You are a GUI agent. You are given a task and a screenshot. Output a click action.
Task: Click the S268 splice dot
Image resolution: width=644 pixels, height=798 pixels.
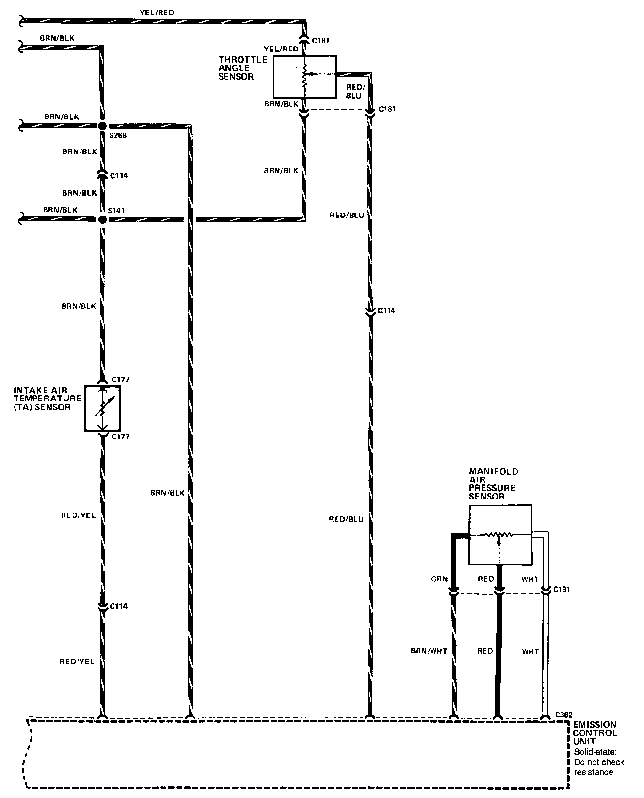(102, 126)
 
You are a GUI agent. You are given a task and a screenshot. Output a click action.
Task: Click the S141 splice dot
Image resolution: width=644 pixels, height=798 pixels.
(102, 219)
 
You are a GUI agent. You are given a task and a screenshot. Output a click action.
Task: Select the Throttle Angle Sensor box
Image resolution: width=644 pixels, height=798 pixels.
(304, 77)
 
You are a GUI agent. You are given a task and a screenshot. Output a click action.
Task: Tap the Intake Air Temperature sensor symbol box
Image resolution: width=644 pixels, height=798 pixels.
(102, 408)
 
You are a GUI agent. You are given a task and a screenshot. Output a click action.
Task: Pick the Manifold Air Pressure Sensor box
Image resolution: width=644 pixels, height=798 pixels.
(500, 535)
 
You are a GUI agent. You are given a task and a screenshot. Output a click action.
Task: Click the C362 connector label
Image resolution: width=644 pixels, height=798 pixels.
(564, 715)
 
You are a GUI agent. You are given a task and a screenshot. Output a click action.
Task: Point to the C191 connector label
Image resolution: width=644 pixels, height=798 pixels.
(561, 589)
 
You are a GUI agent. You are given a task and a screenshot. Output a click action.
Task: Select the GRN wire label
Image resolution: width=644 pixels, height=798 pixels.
(438, 579)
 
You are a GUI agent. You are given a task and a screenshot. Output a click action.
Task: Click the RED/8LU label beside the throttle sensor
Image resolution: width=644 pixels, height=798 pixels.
(354, 91)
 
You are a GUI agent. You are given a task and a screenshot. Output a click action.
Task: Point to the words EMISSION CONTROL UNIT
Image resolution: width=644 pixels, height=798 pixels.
(595, 733)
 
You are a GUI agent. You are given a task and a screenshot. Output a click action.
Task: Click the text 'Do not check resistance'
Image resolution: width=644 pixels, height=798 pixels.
(599, 767)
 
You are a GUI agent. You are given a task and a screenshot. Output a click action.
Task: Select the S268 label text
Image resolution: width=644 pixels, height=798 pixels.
(118, 136)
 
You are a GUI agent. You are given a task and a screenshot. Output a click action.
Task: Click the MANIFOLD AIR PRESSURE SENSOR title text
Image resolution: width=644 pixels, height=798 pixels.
(493, 483)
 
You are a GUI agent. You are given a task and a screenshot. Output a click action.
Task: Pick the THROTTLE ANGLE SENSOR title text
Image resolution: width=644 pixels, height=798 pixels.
(242, 68)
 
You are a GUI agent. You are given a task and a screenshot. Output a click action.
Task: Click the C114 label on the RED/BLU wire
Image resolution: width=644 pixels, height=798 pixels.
(386, 310)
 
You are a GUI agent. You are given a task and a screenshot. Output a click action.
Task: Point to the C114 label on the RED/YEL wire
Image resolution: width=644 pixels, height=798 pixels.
(119, 606)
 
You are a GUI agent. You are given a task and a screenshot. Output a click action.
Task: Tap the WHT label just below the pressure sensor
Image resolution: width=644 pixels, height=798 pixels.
(530, 579)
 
